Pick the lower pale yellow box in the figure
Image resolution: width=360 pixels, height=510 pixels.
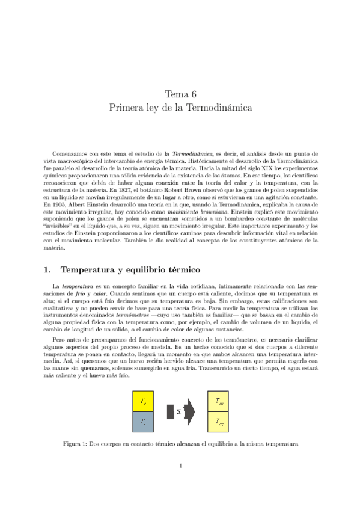[x=219, y=423]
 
